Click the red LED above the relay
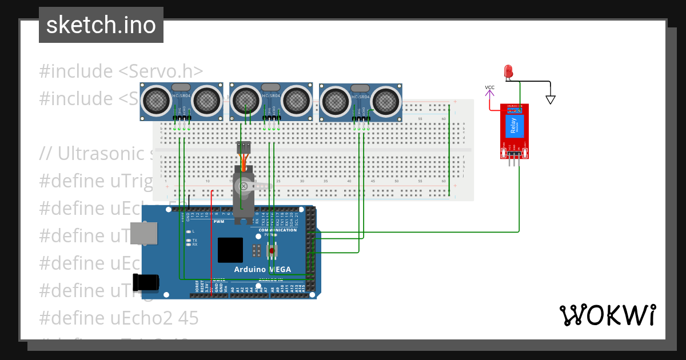tap(508, 71)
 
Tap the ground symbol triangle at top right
tap(551, 99)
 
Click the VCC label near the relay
tap(489, 87)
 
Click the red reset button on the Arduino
tap(272, 250)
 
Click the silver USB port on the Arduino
tap(143, 233)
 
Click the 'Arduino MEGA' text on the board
tap(262, 269)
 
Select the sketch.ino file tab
tap(101, 25)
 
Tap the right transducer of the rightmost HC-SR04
tap(386, 102)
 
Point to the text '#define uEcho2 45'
tap(119, 318)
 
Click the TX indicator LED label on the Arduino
tap(194, 240)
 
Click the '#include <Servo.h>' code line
tap(121, 71)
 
